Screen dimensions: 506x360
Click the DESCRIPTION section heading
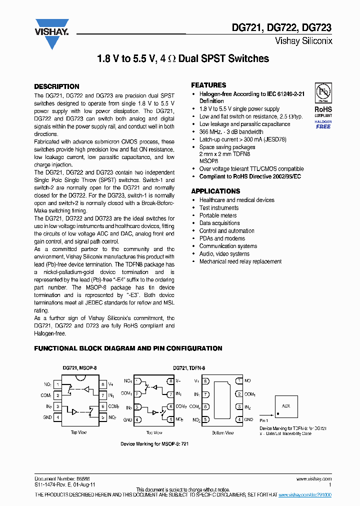pyautogui.click(x=56, y=86)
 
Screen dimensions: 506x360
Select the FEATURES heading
pyautogui.click(x=208, y=85)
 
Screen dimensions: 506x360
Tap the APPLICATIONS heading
pyautogui.click(x=215, y=191)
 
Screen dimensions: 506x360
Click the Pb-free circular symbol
pyautogui.click(x=322, y=92)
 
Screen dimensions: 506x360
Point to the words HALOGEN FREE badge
pyautogui.click(x=323, y=124)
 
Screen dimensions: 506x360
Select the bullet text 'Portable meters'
pyautogui.click(x=218, y=215)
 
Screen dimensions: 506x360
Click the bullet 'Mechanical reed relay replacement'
pyautogui.click(x=240, y=261)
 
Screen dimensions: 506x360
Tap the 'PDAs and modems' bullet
pyautogui.click(x=222, y=238)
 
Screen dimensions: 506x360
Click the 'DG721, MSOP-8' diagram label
pyautogui.click(x=79, y=368)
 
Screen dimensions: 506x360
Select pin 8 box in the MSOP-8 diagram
pyautogui.click(x=102, y=384)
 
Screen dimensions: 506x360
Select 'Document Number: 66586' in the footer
pyautogui.click(x=54, y=478)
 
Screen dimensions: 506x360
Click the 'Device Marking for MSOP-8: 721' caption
pyautogui.click(x=154, y=443)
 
